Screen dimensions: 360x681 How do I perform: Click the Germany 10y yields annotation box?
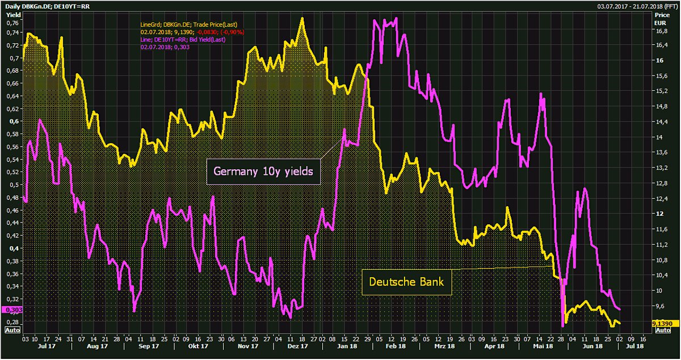263,171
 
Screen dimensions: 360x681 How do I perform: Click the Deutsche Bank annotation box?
406,281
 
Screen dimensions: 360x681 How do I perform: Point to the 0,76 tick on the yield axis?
12,23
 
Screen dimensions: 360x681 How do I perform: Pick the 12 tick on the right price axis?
659,214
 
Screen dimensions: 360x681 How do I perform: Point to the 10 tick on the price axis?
659,290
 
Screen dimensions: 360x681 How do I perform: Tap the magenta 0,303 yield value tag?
11,310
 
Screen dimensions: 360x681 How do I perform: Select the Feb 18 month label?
396,346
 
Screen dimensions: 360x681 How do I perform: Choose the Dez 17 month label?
297,346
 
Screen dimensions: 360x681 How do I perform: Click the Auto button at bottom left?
12,329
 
